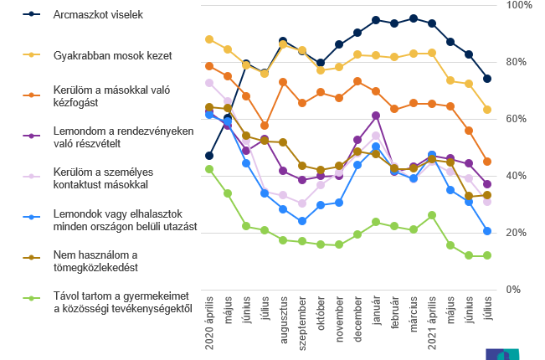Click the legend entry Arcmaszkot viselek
coord(99,15)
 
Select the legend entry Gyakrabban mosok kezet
coord(112,55)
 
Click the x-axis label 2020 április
coord(209,321)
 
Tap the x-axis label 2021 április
coord(432,321)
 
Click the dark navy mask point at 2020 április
coord(209,156)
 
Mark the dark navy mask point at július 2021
coord(487,79)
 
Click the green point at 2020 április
coord(209,169)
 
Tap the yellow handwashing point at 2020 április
coord(209,39)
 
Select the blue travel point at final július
coord(487,231)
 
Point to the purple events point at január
coord(376,116)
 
